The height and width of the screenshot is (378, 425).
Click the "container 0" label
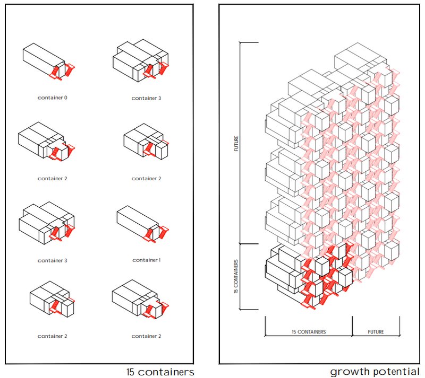click(x=52, y=98)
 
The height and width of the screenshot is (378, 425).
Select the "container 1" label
click(x=147, y=260)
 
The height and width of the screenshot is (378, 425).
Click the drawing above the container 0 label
click(x=49, y=61)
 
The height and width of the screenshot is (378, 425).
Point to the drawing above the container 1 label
click(x=143, y=224)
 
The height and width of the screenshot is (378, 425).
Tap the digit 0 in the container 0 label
click(x=65, y=98)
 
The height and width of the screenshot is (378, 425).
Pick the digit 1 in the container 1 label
click(x=159, y=260)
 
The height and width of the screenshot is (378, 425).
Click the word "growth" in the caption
click(x=346, y=372)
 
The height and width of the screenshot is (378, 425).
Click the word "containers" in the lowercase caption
click(x=166, y=372)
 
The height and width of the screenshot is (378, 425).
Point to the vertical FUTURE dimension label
click(x=236, y=144)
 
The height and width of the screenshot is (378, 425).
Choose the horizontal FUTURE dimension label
click(x=376, y=332)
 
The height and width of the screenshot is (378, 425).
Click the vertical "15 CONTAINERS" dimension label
click(x=236, y=276)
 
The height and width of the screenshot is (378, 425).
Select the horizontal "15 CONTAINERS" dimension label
click(x=309, y=332)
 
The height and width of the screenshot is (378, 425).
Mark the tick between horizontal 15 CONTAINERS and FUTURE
click(x=352, y=326)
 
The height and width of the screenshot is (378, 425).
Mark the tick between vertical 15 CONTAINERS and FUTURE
click(x=249, y=244)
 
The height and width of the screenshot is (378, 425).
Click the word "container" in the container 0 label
click(x=50, y=98)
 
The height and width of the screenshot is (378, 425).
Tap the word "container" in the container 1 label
click(x=144, y=260)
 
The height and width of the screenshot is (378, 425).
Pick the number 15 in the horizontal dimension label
click(x=294, y=332)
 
